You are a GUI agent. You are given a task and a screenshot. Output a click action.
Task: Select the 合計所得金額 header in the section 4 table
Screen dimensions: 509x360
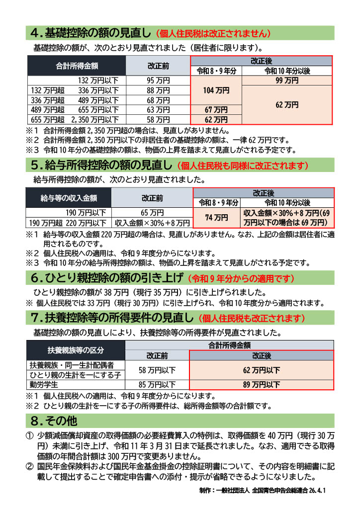[x=77, y=65]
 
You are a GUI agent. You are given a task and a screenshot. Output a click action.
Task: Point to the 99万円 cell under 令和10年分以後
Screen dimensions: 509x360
[x=287, y=80]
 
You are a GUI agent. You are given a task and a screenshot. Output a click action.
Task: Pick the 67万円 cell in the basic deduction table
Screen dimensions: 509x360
[x=217, y=110]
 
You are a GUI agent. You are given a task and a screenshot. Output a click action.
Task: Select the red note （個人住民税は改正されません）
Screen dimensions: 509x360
[x=213, y=34]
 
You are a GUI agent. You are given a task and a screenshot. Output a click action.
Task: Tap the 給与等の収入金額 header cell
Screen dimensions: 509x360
[x=69, y=198]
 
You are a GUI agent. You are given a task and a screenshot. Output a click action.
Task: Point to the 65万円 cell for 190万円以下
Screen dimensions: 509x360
[x=152, y=213]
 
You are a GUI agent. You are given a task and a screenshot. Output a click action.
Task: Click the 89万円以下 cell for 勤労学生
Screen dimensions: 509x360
[x=262, y=384]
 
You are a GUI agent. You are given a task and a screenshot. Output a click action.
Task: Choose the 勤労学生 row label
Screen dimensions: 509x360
[x=44, y=384]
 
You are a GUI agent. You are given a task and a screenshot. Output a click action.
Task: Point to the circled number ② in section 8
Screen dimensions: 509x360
[x=29, y=467]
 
